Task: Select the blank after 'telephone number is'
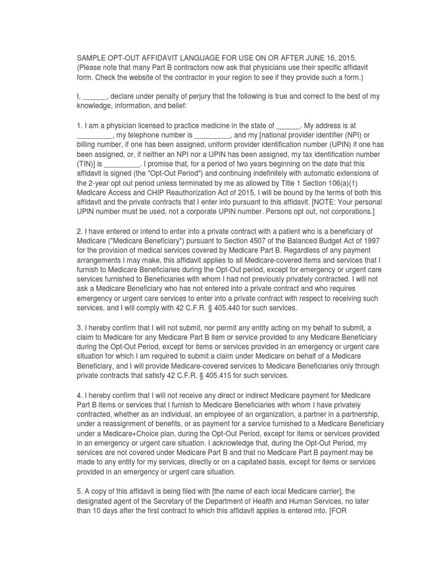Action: (x=212, y=135)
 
